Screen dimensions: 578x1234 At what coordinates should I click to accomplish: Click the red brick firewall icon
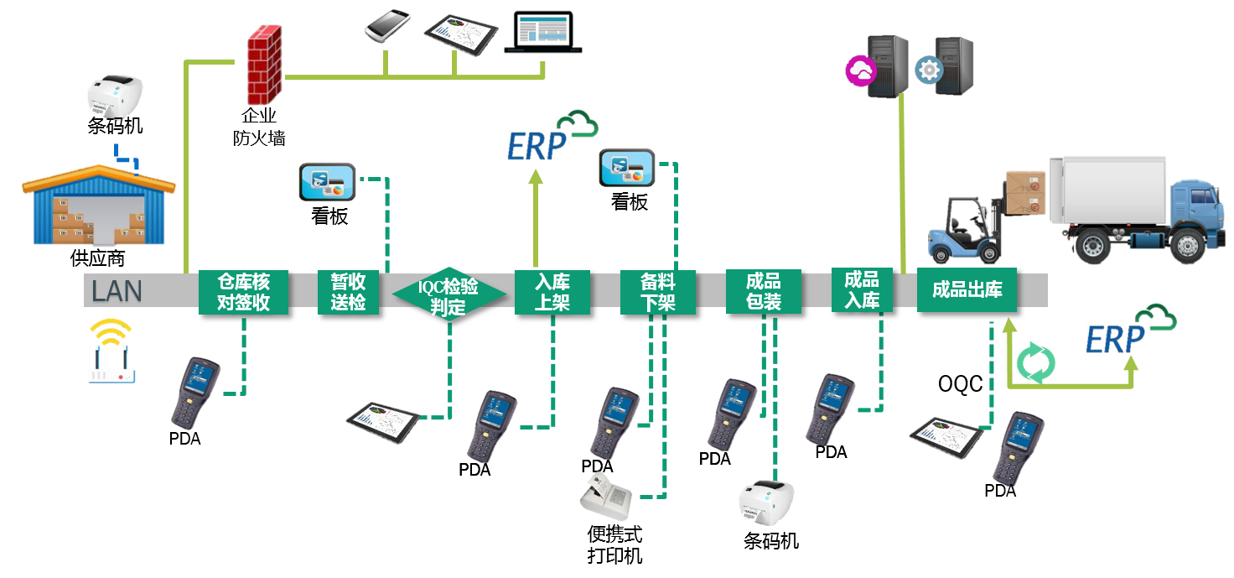click(x=264, y=65)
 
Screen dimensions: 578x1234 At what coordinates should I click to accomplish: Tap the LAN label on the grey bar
click(x=117, y=291)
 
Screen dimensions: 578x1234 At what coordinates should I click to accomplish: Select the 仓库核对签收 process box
click(x=243, y=292)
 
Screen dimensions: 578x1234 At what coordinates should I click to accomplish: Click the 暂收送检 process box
click(x=348, y=292)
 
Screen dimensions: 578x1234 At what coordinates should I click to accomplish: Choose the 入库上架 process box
click(x=552, y=292)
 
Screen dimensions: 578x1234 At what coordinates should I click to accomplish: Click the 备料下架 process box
click(x=657, y=292)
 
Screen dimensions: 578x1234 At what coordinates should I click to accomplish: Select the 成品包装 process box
click(x=763, y=291)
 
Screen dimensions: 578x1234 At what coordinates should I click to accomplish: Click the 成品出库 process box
click(x=967, y=290)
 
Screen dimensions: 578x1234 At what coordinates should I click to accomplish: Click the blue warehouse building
click(x=98, y=206)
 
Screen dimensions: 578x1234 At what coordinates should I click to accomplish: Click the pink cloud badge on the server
click(x=860, y=70)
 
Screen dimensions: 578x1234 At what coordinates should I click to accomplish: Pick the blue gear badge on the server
click(x=928, y=70)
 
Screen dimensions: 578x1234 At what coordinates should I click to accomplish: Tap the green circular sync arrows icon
click(x=1035, y=364)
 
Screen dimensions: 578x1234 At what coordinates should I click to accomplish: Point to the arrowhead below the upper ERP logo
click(x=536, y=174)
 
